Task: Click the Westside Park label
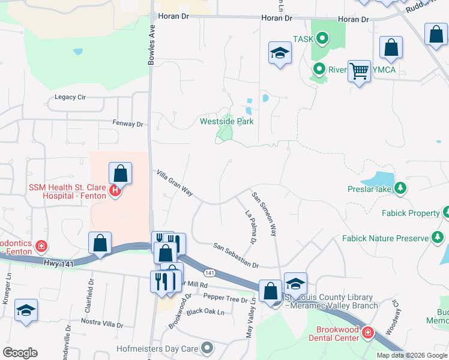pyautogui.click(x=226, y=121)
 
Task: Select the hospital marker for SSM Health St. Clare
pyautogui.click(x=115, y=191)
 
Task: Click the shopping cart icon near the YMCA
pyautogui.click(x=359, y=71)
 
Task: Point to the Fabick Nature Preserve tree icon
pyautogui.click(x=438, y=238)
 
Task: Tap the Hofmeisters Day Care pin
pyautogui.click(x=207, y=347)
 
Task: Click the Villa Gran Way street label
pyautogui.click(x=175, y=183)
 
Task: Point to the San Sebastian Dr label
pyautogui.click(x=236, y=256)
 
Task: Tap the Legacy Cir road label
pyautogui.click(x=70, y=97)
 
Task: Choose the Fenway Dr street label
pyautogui.click(x=128, y=124)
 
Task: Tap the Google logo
pyautogui.click(x=20, y=353)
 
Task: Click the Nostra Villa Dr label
pyautogui.click(x=101, y=325)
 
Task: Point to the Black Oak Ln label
pyautogui.click(x=205, y=312)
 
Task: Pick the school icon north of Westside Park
pyautogui.click(x=280, y=55)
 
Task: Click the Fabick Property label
pyautogui.click(x=411, y=213)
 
